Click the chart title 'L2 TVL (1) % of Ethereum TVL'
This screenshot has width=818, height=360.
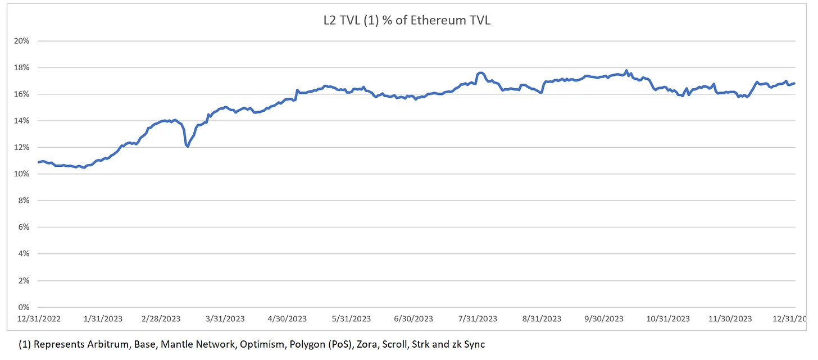point(407,20)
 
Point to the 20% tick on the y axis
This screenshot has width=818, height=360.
point(21,41)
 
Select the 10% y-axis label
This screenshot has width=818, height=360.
point(21,174)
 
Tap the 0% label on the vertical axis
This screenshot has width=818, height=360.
point(24,307)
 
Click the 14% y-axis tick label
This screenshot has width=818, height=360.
point(21,121)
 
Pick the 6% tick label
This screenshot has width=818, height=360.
point(24,227)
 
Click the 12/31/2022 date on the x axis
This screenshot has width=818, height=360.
point(39,319)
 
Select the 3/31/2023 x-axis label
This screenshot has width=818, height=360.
point(225,319)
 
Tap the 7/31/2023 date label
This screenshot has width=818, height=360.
point(478,319)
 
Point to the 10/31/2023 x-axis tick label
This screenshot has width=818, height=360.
point(668,319)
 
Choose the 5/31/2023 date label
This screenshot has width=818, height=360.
point(351,319)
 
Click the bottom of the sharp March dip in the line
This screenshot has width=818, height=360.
point(188,147)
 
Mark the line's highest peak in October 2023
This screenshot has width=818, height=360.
point(626,70)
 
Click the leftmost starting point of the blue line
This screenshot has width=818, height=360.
point(38,162)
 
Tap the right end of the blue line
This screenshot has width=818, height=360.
point(794,84)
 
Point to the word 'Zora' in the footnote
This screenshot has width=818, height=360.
point(367,344)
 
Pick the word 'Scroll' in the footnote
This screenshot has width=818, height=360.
point(394,344)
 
